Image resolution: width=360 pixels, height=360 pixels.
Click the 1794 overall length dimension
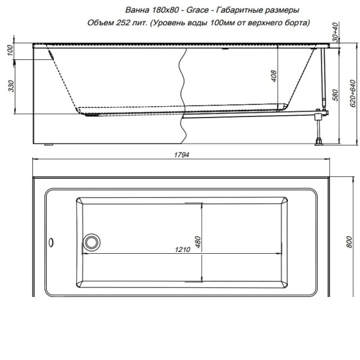182,155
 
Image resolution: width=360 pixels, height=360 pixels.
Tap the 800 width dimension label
349,242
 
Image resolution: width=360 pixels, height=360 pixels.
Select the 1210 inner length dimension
182,250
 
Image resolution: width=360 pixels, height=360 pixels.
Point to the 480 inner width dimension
197,242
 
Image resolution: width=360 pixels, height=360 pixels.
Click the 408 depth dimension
274,76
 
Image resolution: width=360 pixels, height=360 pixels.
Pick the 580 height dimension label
335,95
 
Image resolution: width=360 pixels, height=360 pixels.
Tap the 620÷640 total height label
353,94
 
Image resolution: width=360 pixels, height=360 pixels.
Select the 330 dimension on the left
11,86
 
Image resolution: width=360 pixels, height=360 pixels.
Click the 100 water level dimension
10,50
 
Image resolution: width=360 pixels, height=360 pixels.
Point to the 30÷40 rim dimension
335,32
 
